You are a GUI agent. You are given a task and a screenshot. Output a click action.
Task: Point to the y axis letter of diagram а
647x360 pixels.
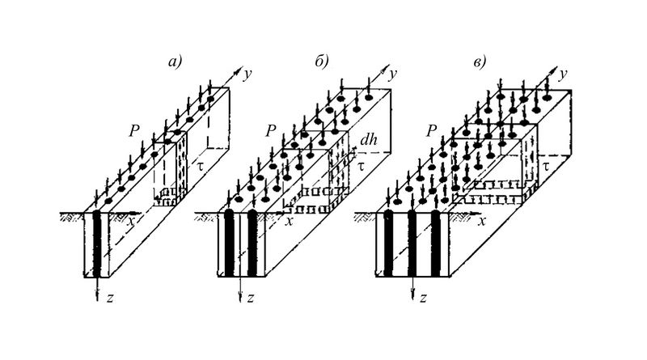(247, 74)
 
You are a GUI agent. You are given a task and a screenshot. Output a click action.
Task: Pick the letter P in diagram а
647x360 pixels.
(133, 129)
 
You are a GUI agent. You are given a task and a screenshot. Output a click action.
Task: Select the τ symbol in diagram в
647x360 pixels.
(548, 164)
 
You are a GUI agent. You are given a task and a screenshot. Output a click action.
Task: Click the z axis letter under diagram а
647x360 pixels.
(108, 298)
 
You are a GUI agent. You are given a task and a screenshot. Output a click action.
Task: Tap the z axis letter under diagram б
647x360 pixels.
(252, 298)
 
